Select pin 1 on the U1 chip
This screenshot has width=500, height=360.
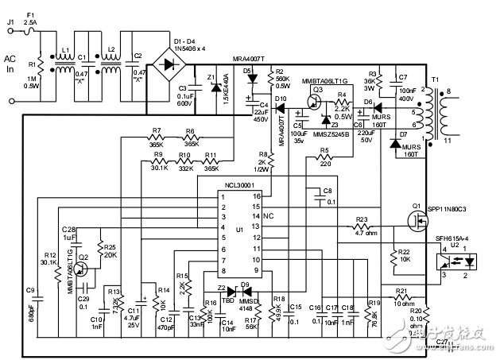tap(225, 195)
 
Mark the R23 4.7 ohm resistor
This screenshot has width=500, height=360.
tap(365, 226)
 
